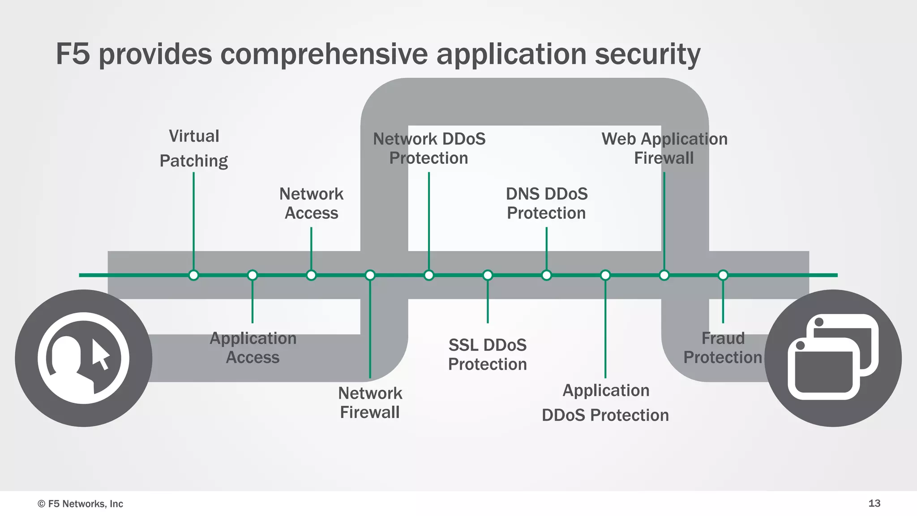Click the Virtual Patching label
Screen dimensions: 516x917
point(194,148)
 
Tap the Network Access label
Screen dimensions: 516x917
point(311,204)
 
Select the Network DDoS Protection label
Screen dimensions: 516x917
point(429,148)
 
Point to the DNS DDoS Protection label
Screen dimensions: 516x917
point(546,204)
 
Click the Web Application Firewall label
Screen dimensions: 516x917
point(664,148)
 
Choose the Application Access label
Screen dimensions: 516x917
point(253,348)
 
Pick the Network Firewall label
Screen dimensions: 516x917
point(370,402)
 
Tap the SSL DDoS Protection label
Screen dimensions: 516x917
point(488,354)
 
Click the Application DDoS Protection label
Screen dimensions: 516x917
point(605,402)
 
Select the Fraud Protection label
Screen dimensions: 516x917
point(723,348)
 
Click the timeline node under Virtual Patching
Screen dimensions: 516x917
point(193,275)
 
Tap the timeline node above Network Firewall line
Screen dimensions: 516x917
point(370,275)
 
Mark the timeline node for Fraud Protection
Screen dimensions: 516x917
point(723,275)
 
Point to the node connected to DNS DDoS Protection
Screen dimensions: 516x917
point(546,275)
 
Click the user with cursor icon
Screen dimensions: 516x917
point(83,358)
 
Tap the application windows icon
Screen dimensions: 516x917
point(833,358)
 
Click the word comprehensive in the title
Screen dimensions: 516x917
point(324,54)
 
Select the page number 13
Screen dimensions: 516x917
point(874,503)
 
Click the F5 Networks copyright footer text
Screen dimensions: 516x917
point(81,504)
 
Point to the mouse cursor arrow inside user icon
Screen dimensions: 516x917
point(101,354)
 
